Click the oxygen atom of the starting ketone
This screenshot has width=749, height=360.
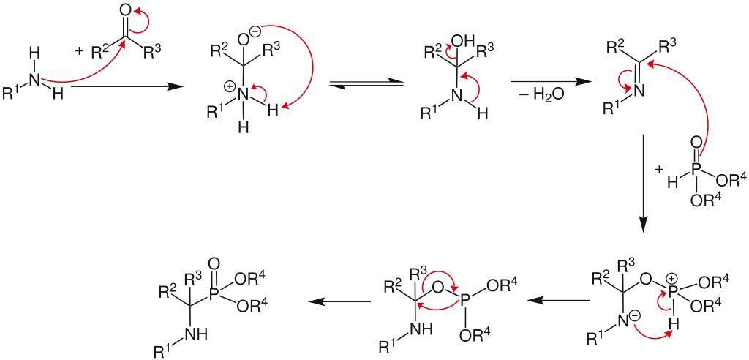coord(125,11)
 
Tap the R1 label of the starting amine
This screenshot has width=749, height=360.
coord(13,94)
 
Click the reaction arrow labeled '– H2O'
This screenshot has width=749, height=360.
coord(546,81)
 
